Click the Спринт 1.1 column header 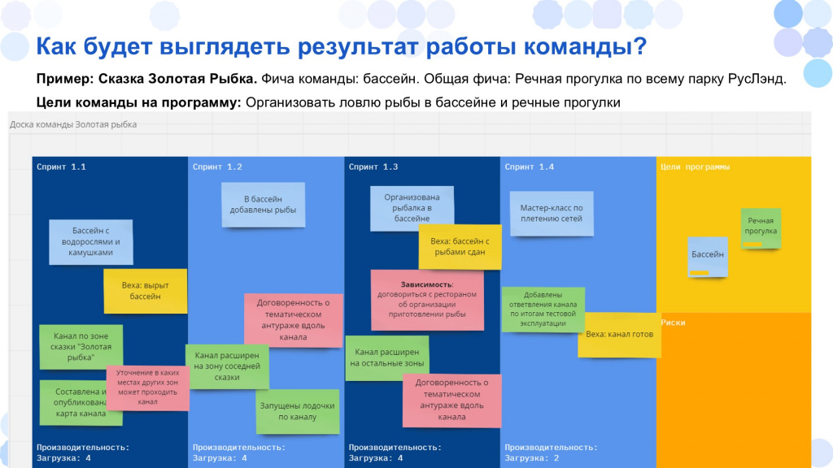(x=61, y=167)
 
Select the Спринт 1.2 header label (x=217, y=167)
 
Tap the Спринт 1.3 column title (x=373, y=167)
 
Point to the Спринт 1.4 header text (x=529, y=167)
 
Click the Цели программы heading (x=695, y=167)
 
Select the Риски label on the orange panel (x=673, y=323)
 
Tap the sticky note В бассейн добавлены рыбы (x=263, y=205)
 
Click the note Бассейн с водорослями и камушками (x=91, y=242)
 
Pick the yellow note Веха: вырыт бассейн (x=145, y=291)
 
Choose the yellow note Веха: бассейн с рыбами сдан (x=460, y=247)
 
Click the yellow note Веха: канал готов (x=619, y=335)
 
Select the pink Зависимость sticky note (x=427, y=300)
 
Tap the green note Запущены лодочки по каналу (x=297, y=412)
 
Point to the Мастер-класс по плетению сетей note (x=552, y=214)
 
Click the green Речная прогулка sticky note (x=761, y=228)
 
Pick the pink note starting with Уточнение (x=148, y=388)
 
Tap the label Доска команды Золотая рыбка (x=73, y=124)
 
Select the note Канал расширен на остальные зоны (x=386, y=358)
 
